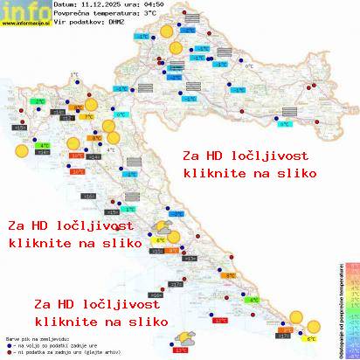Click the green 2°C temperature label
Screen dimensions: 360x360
pos(39,101)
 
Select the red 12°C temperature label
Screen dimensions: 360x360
pos(220,321)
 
